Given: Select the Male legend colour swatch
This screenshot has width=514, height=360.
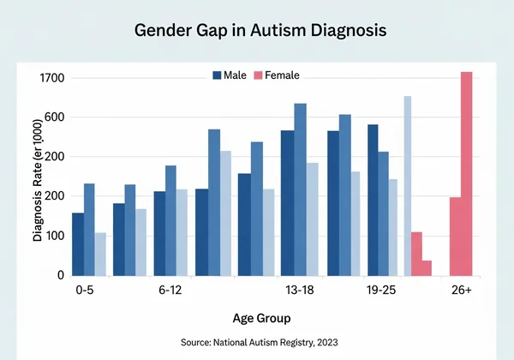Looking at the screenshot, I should coord(217,75).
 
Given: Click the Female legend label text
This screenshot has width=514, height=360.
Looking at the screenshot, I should coord(282,75).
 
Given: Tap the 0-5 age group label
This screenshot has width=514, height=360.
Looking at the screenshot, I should coord(83,291).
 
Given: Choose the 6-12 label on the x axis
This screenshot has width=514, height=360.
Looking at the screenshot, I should coord(170,291).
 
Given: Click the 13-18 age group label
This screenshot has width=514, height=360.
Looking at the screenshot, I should coord(299,291).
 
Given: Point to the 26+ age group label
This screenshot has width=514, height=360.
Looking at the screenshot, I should coord(461,291).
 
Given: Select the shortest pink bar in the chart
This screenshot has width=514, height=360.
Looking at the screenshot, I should coord(427,267).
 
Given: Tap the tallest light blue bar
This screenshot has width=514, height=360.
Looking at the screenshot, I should coord(408,185).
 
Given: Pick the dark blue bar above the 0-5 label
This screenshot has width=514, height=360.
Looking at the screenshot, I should coord(78,244).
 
